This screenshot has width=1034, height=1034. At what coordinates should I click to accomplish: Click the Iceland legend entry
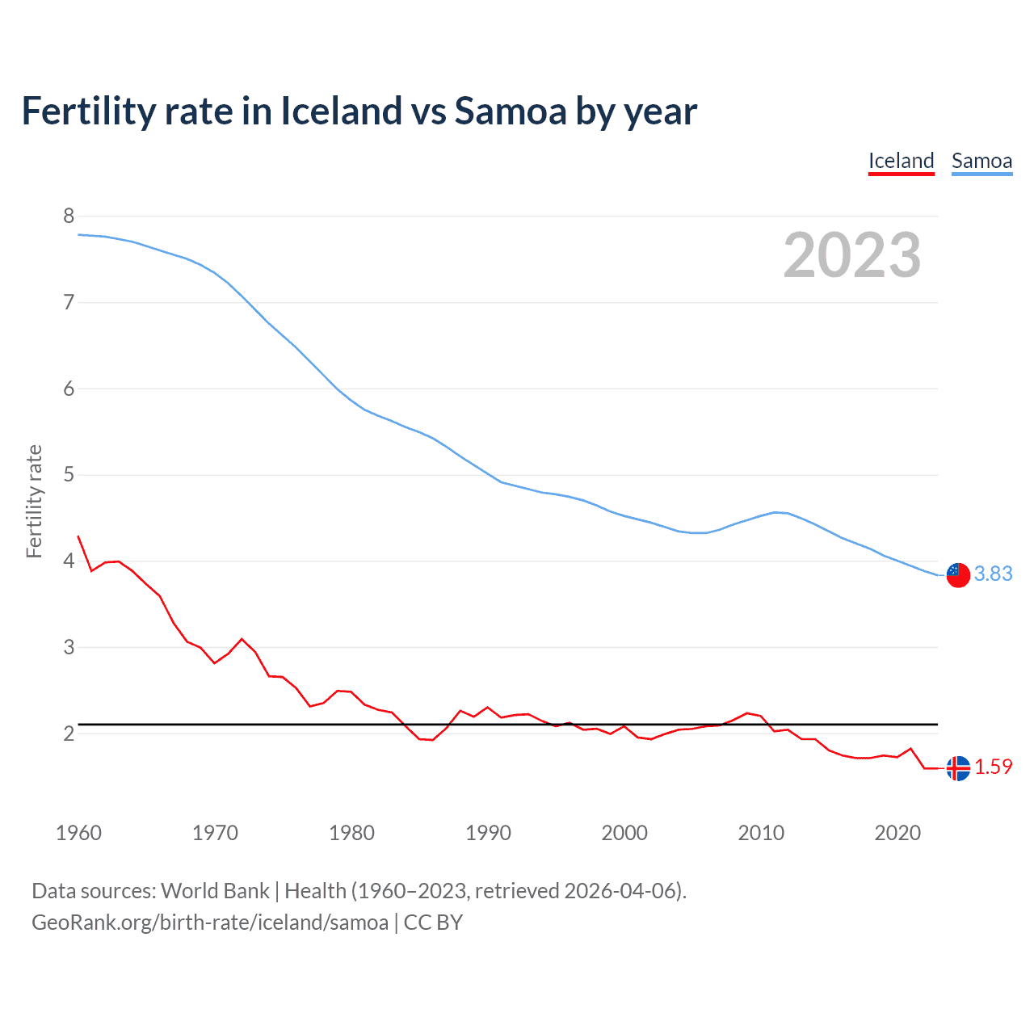(x=901, y=161)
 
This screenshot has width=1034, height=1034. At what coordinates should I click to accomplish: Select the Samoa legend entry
(x=981, y=161)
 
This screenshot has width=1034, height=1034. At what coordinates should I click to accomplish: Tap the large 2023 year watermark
(x=852, y=255)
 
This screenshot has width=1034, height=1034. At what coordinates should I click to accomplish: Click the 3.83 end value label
(x=993, y=574)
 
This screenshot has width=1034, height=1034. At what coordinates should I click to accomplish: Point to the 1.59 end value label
(x=993, y=767)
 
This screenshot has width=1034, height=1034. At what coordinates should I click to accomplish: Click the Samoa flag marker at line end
(x=958, y=574)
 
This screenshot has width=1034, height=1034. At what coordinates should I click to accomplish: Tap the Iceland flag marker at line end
(x=958, y=768)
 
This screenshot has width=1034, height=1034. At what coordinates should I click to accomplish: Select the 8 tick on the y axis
(x=69, y=216)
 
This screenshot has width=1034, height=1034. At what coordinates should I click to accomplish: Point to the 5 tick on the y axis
(x=69, y=474)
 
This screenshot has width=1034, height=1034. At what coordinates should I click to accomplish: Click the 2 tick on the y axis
(x=69, y=733)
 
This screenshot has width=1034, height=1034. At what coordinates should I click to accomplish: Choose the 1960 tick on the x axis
(x=78, y=833)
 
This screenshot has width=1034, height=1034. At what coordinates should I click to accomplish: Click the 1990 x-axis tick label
(x=488, y=833)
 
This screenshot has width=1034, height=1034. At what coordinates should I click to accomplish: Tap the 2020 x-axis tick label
(x=897, y=833)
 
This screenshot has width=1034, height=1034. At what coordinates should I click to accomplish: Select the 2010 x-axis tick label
(x=761, y=833)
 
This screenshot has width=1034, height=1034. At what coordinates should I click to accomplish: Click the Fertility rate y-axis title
(x=34, y=501)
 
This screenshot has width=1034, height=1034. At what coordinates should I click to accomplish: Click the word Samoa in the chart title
(x=511, y=111)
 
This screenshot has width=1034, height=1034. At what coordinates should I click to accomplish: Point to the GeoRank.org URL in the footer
(x=210, y=923)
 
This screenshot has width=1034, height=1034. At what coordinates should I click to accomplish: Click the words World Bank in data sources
(x=215, y=891)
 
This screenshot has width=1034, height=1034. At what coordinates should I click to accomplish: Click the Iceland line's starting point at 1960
(x=78, y=536)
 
